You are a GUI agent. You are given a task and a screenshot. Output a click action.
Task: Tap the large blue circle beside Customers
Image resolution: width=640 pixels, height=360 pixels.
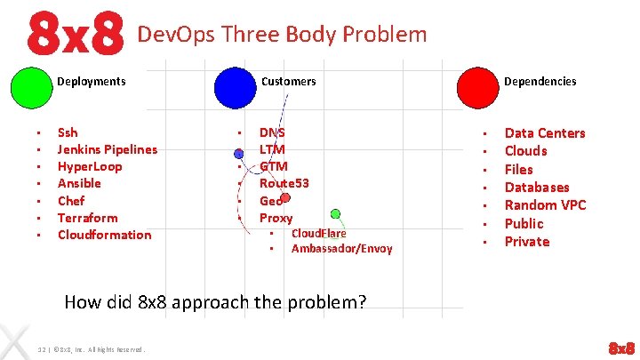(236, 86)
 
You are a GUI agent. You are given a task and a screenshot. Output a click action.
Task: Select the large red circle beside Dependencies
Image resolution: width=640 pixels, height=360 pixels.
(477, 86)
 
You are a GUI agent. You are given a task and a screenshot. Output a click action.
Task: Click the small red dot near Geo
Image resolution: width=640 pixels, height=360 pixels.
(284, 197)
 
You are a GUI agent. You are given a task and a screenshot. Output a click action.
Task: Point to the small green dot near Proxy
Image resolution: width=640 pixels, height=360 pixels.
(335, 213)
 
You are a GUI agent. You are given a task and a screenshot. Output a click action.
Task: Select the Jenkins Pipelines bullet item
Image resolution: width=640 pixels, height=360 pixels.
(107, 149)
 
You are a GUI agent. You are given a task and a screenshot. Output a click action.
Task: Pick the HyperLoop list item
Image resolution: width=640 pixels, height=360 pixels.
(90, 166)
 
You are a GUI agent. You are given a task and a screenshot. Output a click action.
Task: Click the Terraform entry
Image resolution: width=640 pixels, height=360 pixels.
(87, 218)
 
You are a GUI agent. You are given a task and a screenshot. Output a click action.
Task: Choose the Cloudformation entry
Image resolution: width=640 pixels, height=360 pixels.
(104, 235)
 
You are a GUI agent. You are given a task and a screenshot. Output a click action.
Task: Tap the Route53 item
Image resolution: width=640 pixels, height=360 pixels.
(284, 183)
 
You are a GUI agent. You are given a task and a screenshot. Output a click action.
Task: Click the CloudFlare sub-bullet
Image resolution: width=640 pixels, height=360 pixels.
(318, 234)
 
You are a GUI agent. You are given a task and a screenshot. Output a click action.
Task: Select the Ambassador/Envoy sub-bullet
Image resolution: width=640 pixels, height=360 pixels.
(341, 249)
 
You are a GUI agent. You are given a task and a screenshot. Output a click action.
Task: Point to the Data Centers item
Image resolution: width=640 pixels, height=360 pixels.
(545, 133)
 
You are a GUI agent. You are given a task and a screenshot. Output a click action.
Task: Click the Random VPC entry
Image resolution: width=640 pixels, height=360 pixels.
(545, 205)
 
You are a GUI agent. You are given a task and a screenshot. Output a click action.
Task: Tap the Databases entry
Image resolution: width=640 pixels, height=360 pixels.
(537, 188)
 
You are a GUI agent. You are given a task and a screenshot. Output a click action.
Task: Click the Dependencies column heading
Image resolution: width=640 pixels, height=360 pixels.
(540, 81)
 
